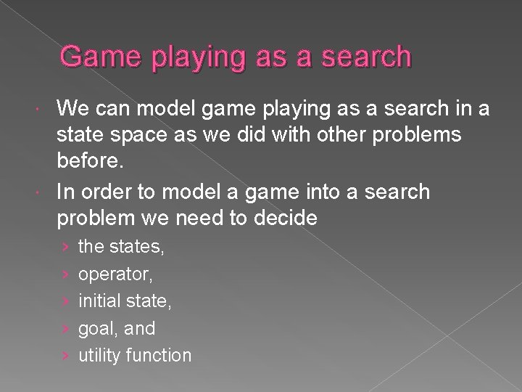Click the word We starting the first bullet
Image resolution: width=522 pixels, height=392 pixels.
[75, 110]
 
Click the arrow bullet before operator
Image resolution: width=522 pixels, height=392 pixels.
[66, 275]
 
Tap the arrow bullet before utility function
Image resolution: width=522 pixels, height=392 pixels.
[66, 356]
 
